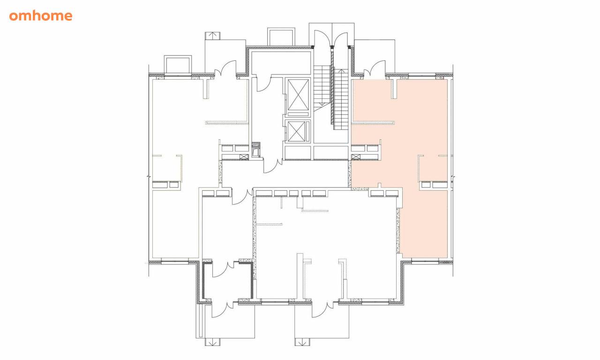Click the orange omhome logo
(41, 15)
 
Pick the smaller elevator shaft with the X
(296, 131)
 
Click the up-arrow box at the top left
(212, 36)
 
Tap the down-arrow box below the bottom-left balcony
(212, 342)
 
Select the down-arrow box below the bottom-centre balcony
(302, 342)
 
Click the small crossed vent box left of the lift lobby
(244, 157)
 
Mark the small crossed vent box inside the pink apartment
(356, 157)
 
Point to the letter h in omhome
(37, 15)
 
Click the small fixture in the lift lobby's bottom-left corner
(256, 150)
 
